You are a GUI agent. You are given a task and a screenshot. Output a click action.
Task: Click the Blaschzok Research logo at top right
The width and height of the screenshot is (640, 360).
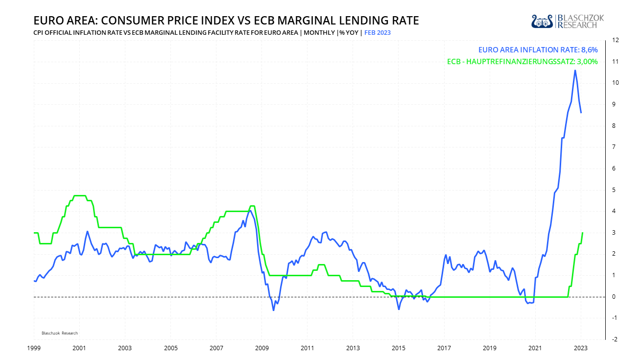coord(567,21)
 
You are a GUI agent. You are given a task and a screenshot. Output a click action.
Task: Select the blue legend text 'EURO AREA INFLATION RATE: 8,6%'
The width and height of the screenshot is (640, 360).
coord(538,49)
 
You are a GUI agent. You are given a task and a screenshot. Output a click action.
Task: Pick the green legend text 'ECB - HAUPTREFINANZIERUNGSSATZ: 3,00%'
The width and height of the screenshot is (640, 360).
coord(522,62)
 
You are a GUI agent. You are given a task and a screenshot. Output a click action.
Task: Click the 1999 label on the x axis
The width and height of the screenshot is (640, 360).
coord(33,348)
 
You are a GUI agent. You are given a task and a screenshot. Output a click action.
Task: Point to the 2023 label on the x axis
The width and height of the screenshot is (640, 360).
coord(581,348)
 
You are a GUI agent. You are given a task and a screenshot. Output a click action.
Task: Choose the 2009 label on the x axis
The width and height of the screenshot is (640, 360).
coord(261,348)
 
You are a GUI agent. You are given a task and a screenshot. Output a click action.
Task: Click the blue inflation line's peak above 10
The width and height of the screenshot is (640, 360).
coord(574,71)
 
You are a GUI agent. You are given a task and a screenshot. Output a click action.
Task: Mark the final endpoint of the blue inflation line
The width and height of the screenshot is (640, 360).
coord(581,113)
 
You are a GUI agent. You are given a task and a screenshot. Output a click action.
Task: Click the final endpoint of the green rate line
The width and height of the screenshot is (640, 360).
coord(583,233)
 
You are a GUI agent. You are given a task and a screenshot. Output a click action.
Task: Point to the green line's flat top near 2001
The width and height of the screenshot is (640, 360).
coord(79,195)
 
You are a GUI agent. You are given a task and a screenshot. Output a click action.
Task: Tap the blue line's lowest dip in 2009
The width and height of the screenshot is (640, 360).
coord(273,310)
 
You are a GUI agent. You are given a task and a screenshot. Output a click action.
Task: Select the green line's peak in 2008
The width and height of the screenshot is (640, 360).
coord(252,206)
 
